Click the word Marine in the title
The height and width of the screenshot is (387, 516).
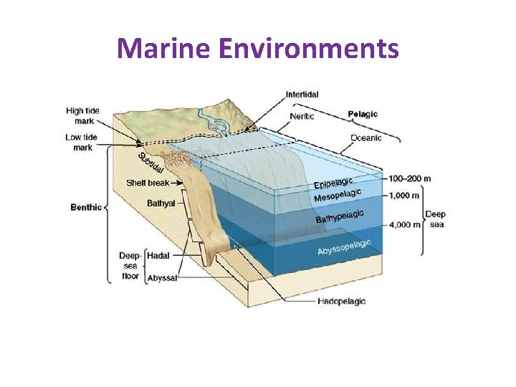point(162,49)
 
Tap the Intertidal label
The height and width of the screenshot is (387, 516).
point(302,94)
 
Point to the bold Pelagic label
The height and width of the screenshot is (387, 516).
point(363,114)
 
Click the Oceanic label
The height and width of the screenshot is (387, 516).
point(366,137)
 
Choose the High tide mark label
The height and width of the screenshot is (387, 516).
point(82,116)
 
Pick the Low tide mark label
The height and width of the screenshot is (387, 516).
point(82,143)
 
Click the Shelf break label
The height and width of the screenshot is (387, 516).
point(148,183)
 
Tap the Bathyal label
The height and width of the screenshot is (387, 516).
point(161,204)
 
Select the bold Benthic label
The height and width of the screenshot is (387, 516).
point(86,208)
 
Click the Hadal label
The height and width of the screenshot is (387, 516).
point(158,254)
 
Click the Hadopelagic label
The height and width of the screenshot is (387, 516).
point(341,301)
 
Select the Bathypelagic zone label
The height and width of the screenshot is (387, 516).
point(340,216)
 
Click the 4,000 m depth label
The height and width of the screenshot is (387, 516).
point(405,224)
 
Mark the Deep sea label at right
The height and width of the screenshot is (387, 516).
point(436,219)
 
